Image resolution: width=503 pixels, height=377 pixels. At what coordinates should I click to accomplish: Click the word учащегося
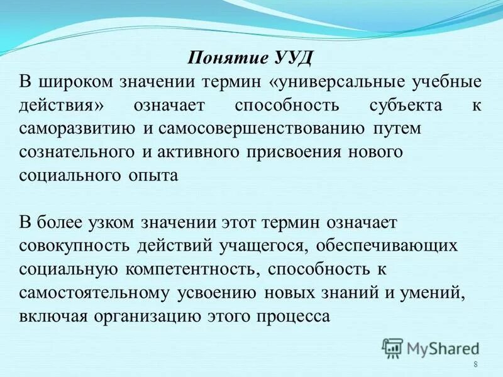pos(257,246)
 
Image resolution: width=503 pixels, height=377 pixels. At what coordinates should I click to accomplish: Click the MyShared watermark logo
pos(431,347)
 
